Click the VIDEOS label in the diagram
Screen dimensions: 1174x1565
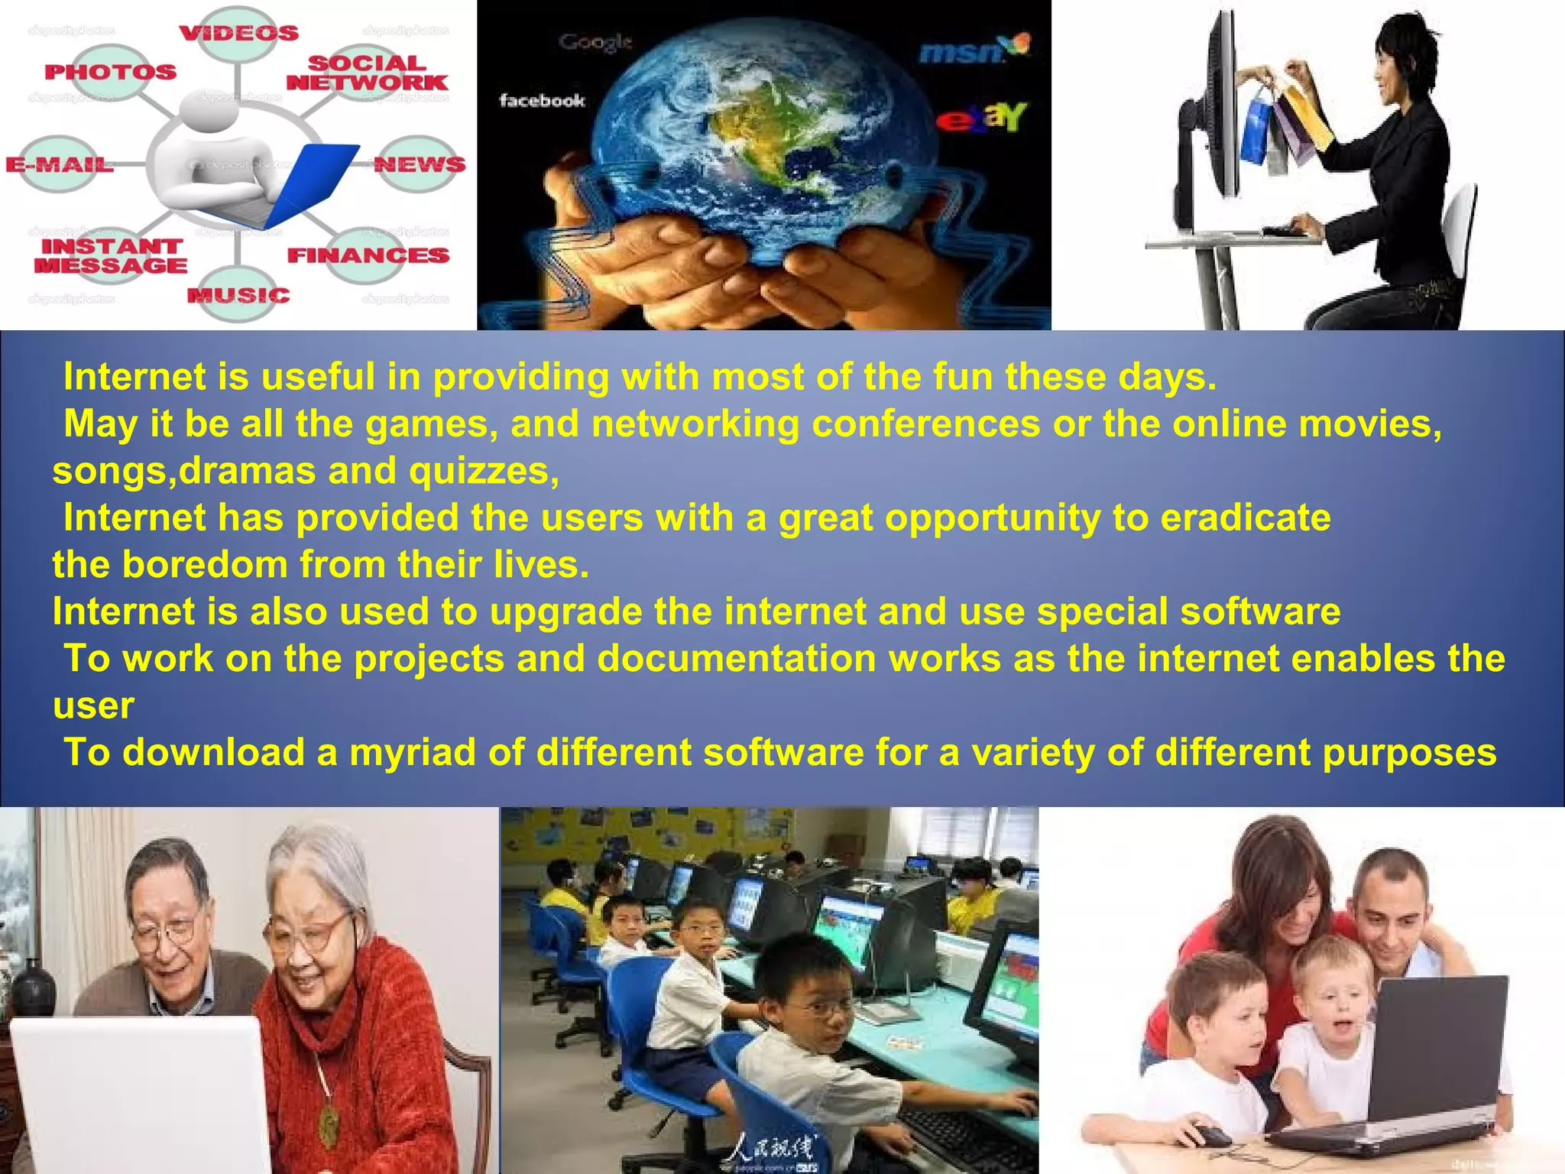pyautogui.click(x=238, y=34)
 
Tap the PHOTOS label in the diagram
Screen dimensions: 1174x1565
pyautogui.click(x=110, y=73)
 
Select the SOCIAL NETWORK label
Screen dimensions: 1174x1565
pyautogui.click(x=367, y=73)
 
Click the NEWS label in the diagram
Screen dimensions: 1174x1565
pyautogui.click(x=420, y=164)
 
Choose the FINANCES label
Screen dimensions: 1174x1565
pyautogui.click(x=368, y=255)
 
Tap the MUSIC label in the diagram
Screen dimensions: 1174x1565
pyautogui.click(x=238, y=296)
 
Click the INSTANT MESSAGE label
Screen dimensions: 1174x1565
pyautogui.click(x=110, y=256)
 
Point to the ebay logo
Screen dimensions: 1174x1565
pyautogui.click(x=982, y=118)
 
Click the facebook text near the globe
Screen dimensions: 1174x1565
pyautogui.click(x=542, y=100)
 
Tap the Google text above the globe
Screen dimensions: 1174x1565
pyautogui.click(x=595, y=42)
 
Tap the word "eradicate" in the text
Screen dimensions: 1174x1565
pyautogui.click(x=1246, y=518)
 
